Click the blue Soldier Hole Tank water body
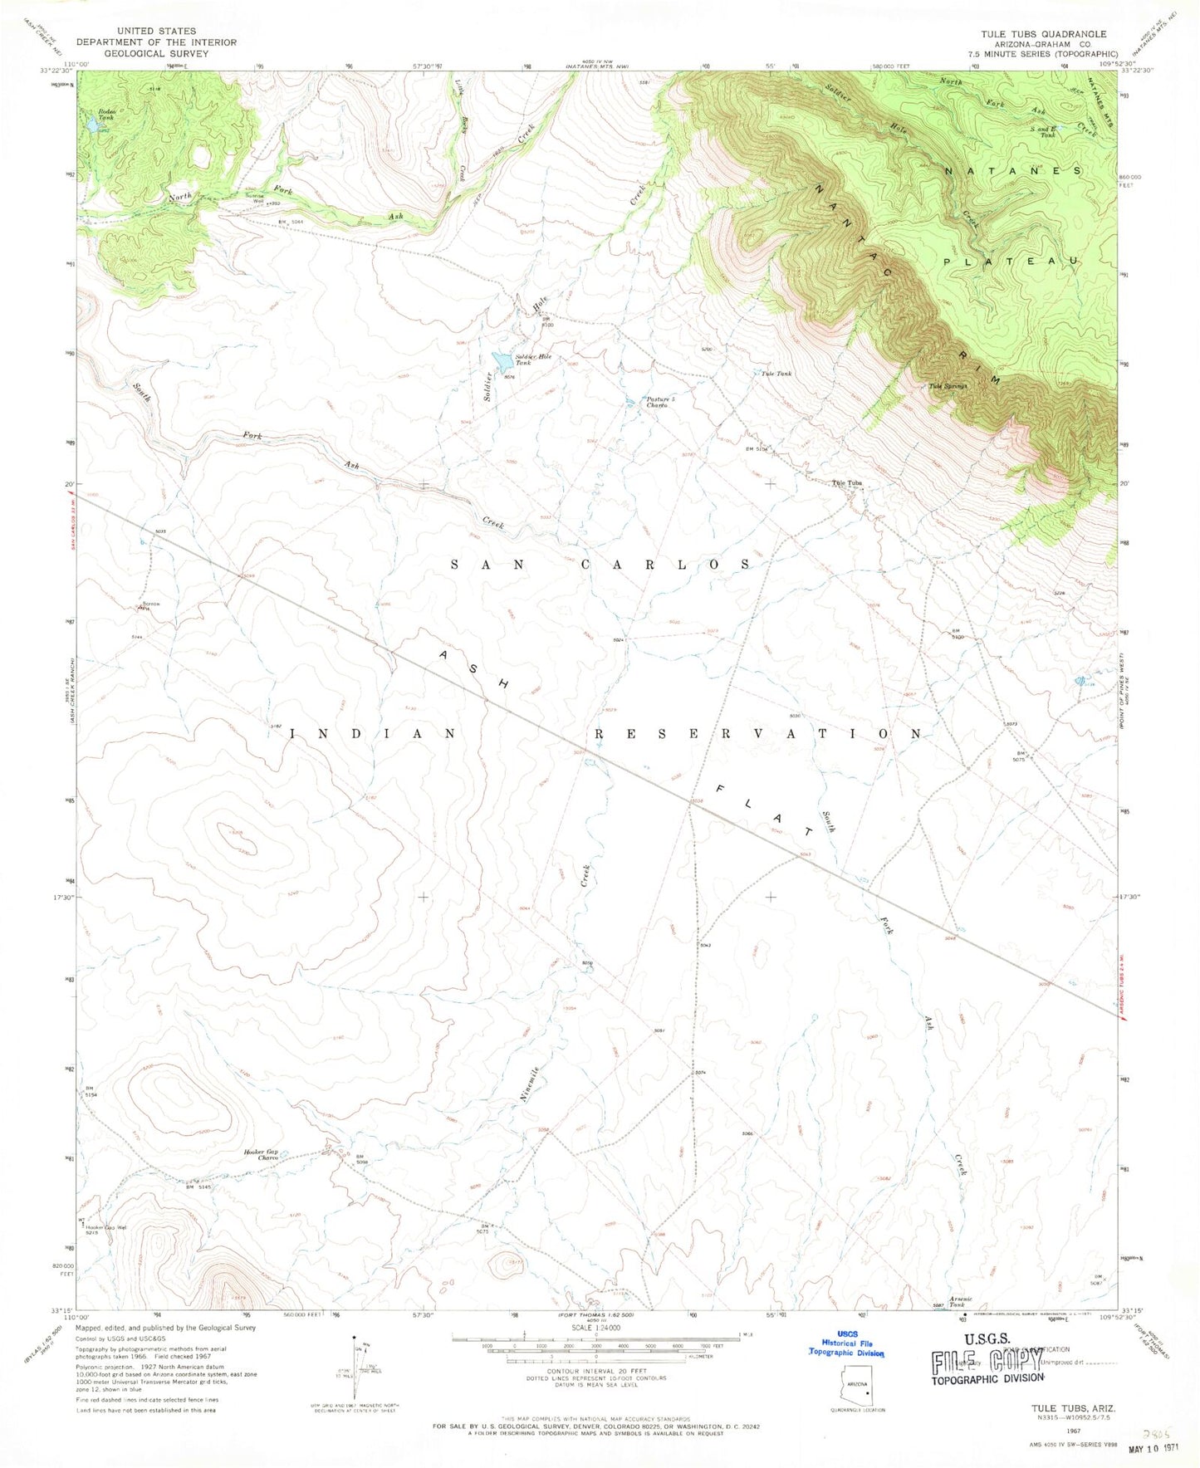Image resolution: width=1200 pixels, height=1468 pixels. click(502, 362)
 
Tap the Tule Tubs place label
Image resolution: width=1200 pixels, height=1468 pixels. click(848, 483)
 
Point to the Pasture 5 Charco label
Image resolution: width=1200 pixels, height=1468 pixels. click(661, 402)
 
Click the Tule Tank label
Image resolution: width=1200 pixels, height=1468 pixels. click(776, 374)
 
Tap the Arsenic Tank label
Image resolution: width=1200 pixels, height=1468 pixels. click(960, 1302)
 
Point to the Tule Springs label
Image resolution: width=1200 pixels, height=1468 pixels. click(948, 385)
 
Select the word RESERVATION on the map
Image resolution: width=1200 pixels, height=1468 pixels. click(757, 734)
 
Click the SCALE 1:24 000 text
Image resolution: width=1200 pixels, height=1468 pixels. click(595, 1351)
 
